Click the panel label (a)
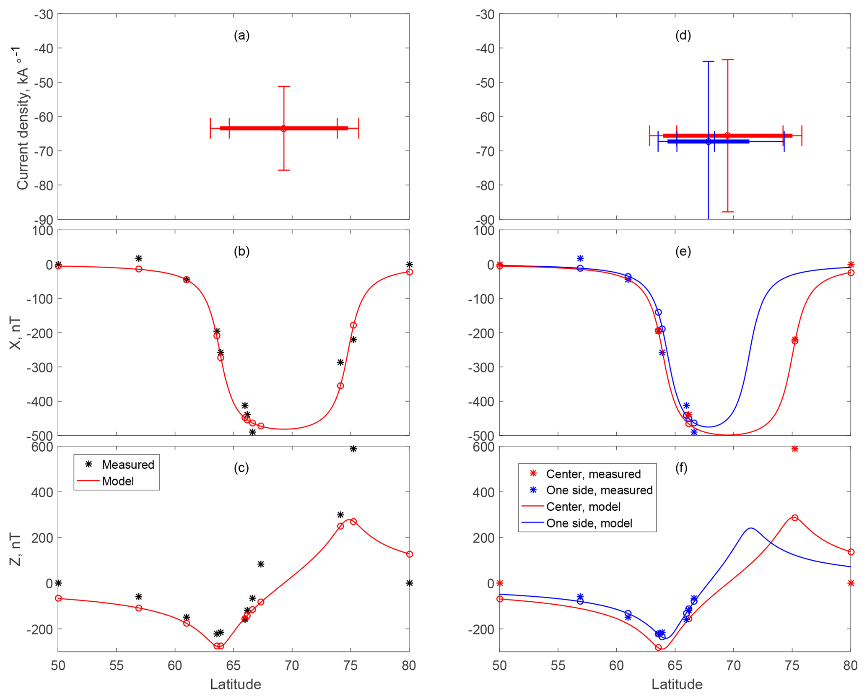[241, 36]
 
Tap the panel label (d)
[683, 36]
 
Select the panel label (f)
[681, 468]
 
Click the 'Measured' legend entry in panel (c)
[128, 465]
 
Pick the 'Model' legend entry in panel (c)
[118, 481]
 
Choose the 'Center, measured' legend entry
[593, 474]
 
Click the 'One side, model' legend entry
[589, 523]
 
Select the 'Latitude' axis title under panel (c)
[235, 684]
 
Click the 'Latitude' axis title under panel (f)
[677, 684]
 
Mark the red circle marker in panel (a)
[284, 128]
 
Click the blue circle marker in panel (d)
[709, 142]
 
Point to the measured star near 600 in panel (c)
[353, 449]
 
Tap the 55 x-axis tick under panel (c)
[116, 665]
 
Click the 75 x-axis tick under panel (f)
[792, 665]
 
